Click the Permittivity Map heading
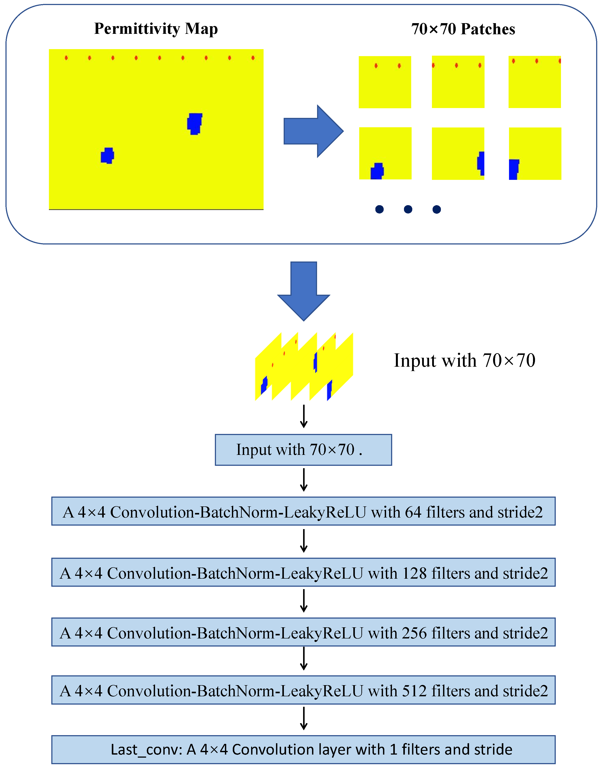(x=156, y=29)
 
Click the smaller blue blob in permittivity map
(x=107, y=156)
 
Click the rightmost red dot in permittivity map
(x=253, y=58)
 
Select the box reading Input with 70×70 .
(x=303, y=450)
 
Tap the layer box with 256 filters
(x=303, y=632)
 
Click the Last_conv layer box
(x=303, y=750)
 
